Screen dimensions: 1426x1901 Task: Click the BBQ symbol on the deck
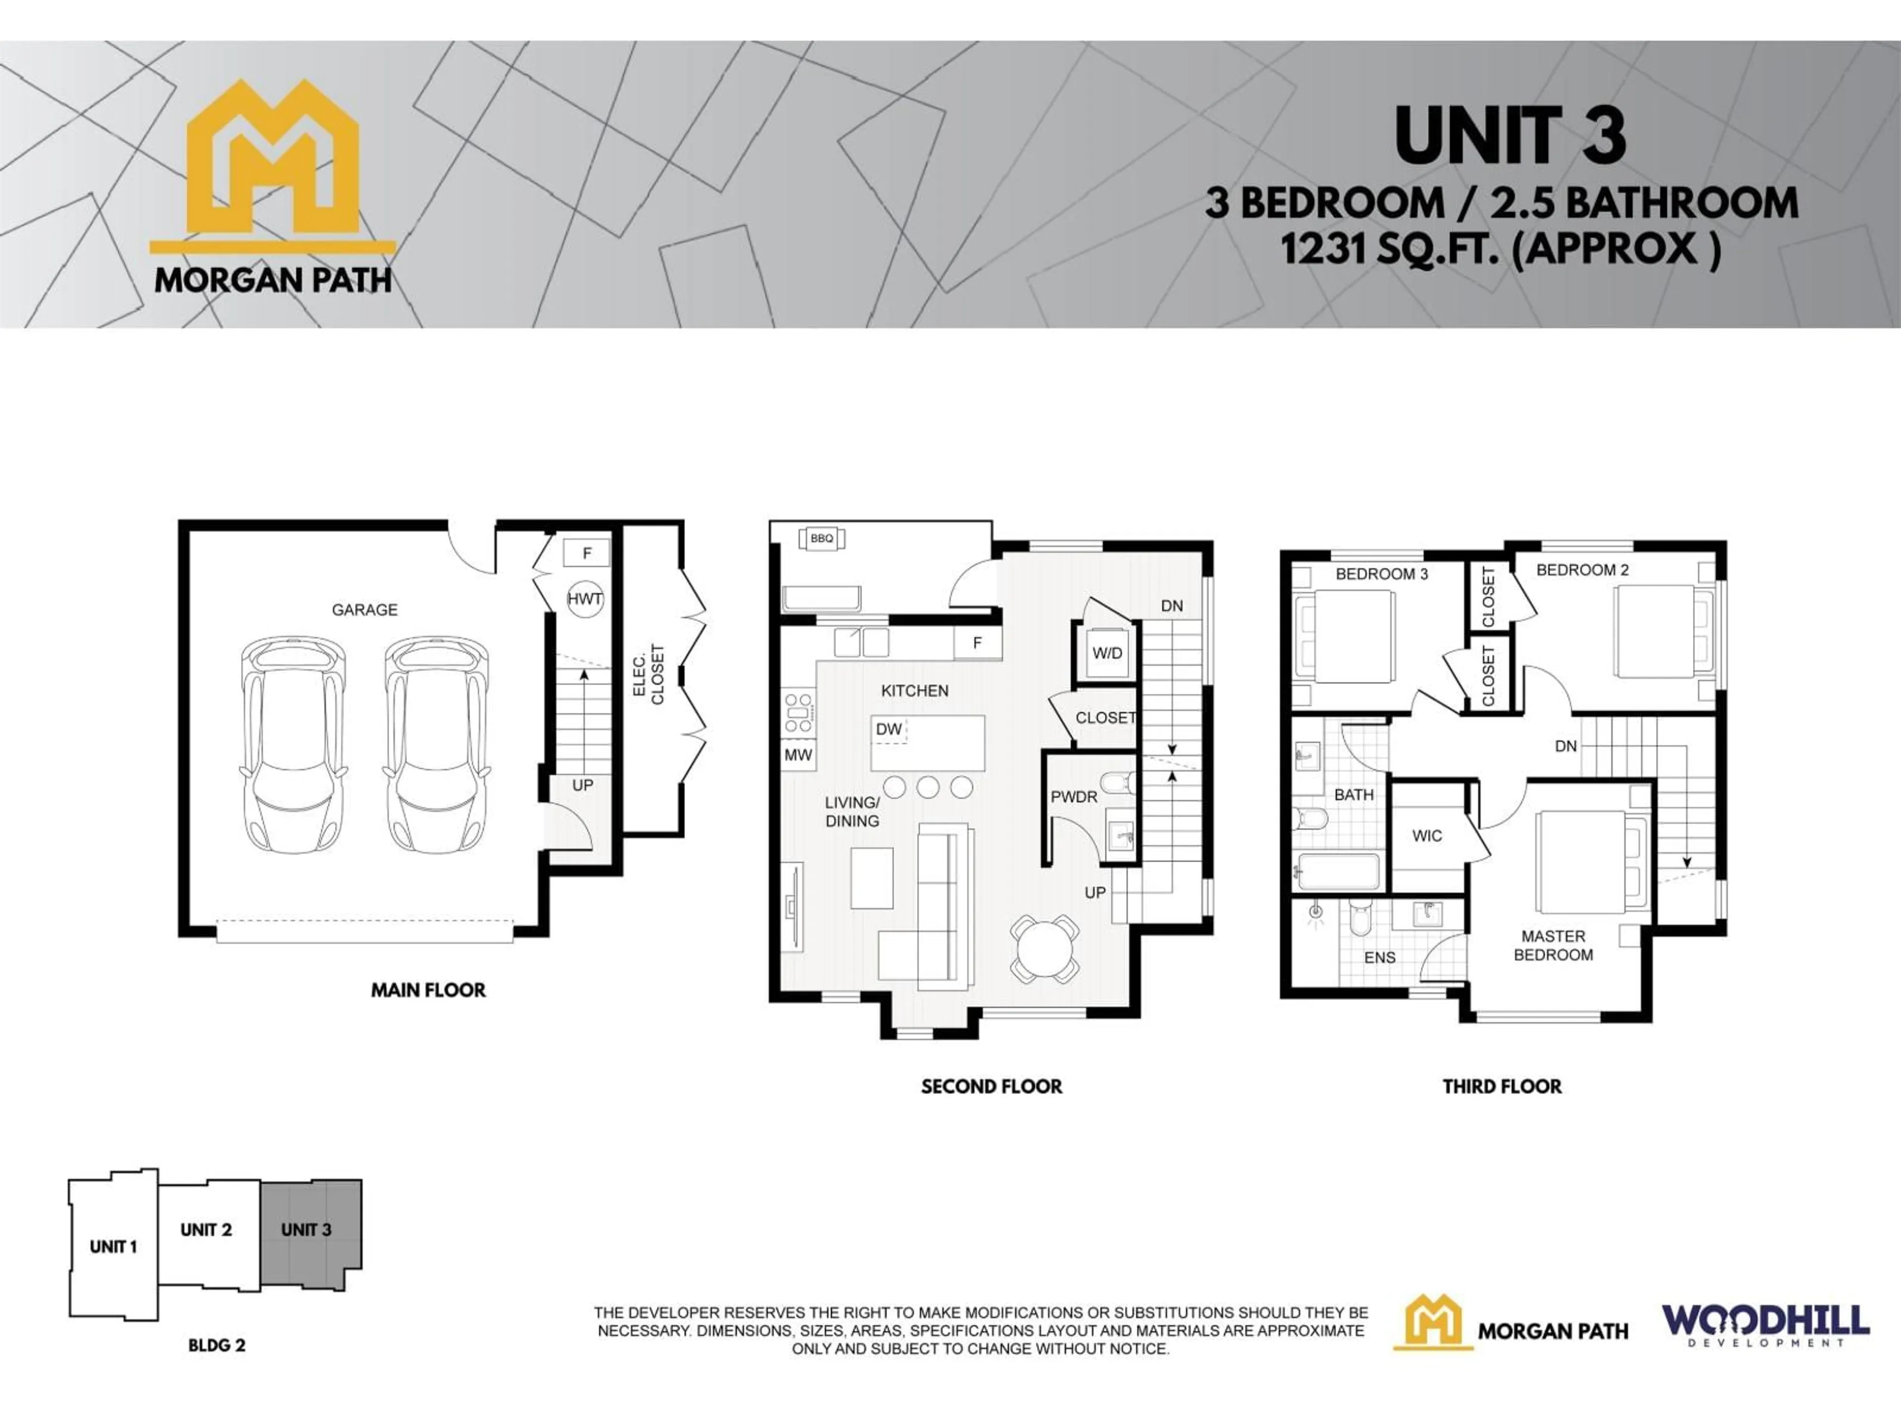pyautogui.click(x=822, y=538)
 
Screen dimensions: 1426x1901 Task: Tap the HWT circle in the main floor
pyautogui.click(x=584, y=599)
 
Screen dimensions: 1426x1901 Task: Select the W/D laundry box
pyautogui.click(x=1107, y=653)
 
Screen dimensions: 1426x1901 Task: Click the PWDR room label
pyautogui.click(x=1073, y=797)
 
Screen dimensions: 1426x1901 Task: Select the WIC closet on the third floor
pyautogui.click(x=1427, y=835)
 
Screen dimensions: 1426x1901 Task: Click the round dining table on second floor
pyautogui.click(x=1044, y=949)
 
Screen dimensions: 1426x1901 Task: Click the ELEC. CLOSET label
pyautogui.click(x=649, y=675)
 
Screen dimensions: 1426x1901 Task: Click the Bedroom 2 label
pyautogui.click(x=1582, y=570)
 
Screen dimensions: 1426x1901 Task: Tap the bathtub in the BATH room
pyautogui.click(x=1338, y=871)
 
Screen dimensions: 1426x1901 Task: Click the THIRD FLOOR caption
pyautogui.click(x=1501, y=1086)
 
